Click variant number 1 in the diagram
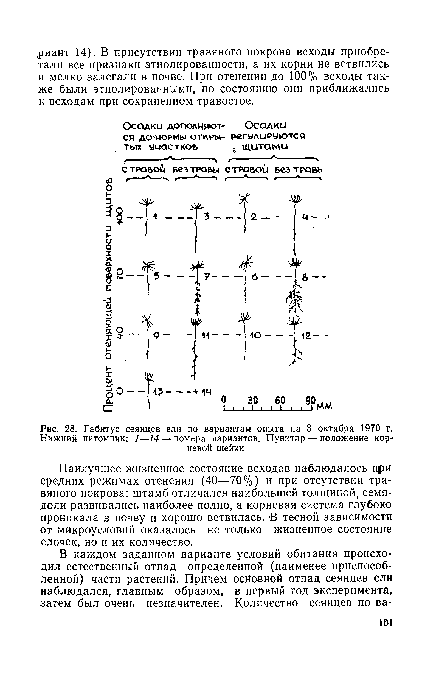pyautogui.click(x=155, y=217)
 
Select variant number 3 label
pyautogui.click(x=207, y=217)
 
